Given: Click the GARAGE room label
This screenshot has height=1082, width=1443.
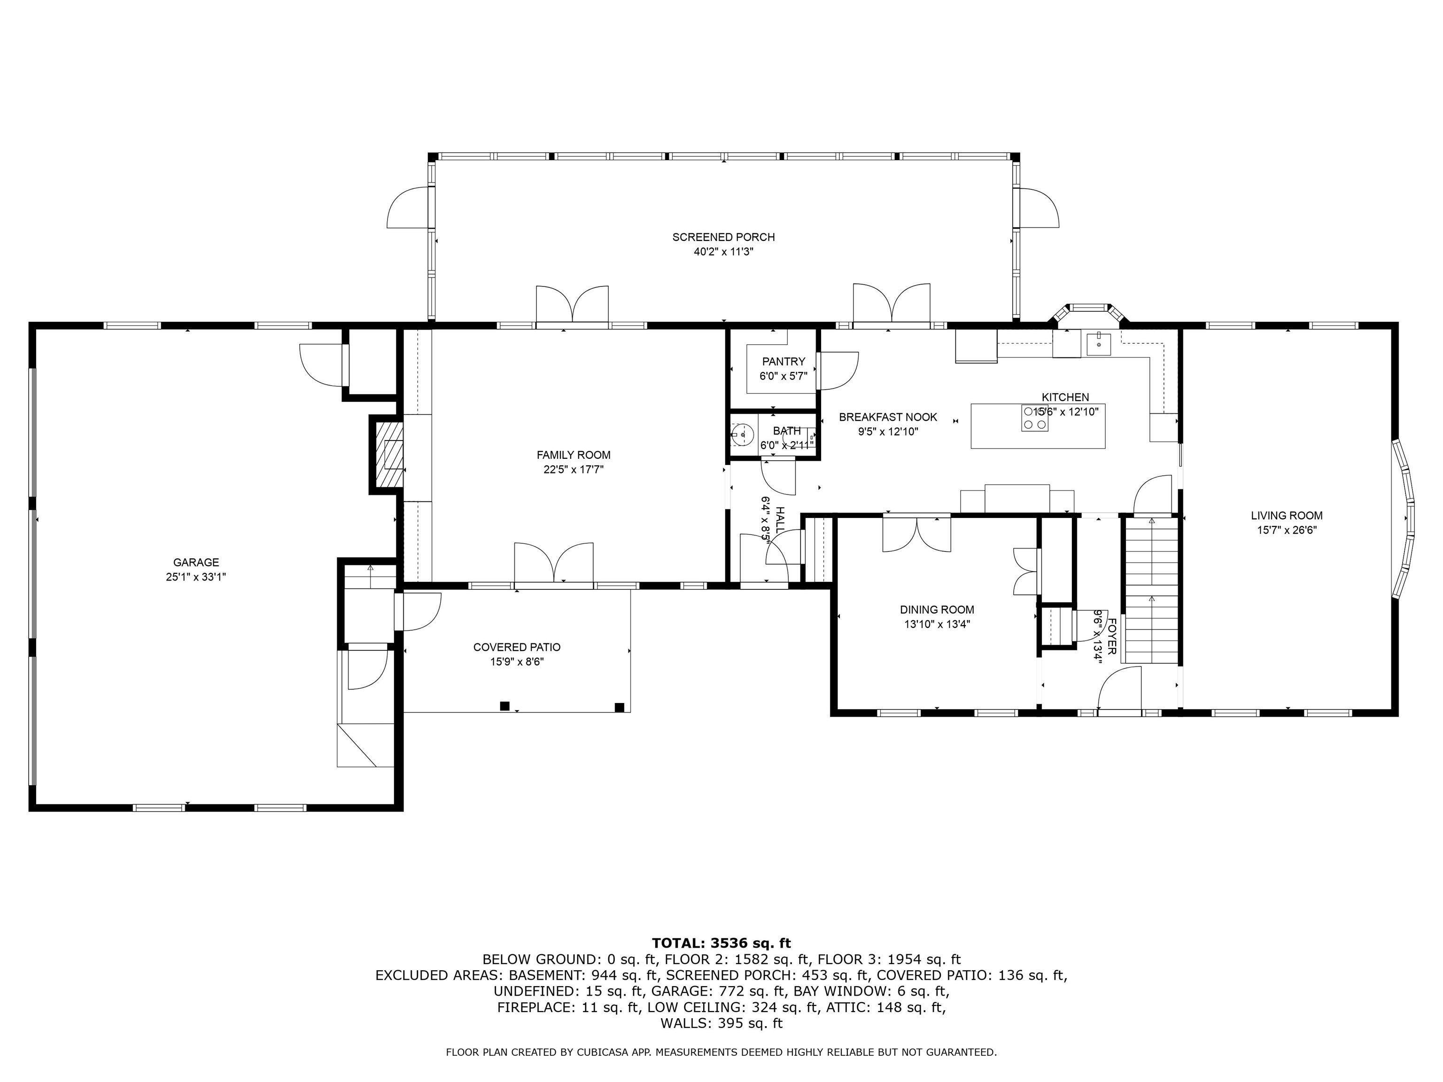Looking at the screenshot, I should [x=196, y=562].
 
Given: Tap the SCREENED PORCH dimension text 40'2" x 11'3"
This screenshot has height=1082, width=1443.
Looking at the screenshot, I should [x=723, y=252].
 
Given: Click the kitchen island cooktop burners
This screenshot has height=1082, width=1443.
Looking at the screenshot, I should [x=1035, y=418].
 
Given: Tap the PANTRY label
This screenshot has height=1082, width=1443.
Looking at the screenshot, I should [x=784, y=361].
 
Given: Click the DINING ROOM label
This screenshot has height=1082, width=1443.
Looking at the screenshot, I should [x=937, y=610].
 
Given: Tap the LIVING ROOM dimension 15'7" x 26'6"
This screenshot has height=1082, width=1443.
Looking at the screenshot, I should [x=1287, y=530].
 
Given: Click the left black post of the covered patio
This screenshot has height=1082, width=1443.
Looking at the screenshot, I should [x=504, y=706].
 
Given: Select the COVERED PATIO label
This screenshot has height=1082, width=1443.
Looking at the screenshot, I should [x=517, y=647].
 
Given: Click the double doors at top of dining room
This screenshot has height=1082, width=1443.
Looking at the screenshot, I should [x=916, y=533].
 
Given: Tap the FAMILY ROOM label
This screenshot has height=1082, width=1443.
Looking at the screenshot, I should [x=574, y=455].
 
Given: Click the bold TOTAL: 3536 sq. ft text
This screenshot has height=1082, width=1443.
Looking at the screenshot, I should [x=721, y=943].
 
